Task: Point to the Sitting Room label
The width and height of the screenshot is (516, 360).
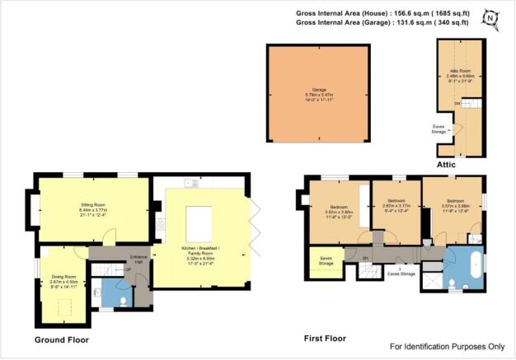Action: click(x=91, y=211)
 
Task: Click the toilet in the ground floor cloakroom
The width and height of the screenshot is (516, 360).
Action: click(x=122, y=302)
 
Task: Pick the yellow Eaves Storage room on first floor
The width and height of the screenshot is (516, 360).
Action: click(x=321, y=259)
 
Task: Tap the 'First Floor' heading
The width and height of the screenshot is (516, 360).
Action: click(x=325, y=339)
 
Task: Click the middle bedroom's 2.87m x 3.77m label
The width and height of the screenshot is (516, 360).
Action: click(x=395, y=209)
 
